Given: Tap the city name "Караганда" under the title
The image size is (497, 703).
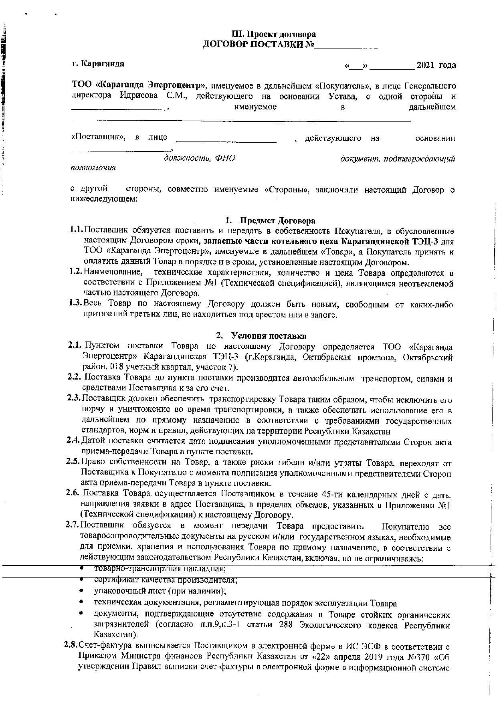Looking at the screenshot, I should pyautogui.click(x=102, y=64).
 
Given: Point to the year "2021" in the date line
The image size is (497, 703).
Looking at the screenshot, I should pyautogui.click(x=426, y=65).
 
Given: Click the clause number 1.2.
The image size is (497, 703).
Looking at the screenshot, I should pyautogui.click(x=75, y=273).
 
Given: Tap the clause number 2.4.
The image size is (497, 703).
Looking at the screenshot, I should pyautogui.click(x=74, y=442).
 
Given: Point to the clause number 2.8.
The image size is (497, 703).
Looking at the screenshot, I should pyautogui.click(x=71, y=645).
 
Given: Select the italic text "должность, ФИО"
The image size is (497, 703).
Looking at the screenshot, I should pyautogui.click(x=200, y=158).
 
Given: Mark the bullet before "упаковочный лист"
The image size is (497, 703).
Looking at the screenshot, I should pyautogui.click(x=82, y=591).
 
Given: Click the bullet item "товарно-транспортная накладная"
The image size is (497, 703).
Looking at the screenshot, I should pyautogui.click(x=160, y=568).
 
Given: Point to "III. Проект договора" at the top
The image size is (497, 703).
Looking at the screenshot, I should pyautogui.click(x=274, y=34).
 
